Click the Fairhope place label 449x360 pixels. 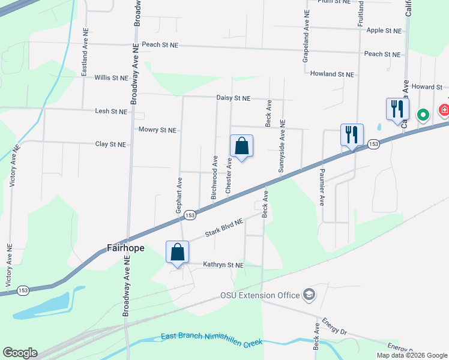pyautogui.click(x=127, y=247)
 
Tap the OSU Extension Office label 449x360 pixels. pyautogui.click(x=260, y=295)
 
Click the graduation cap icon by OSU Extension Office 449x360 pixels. pyautogui.click(x=309, y=294)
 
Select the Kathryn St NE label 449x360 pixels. pyautogui.click(x=223, y=265)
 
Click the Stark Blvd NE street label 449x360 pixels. pyautogui.click(x=224, y=229)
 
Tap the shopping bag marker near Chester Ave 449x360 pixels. pyautogui.click(x=241, y=146)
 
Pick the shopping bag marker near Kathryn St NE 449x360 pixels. pyautogui.click(x=178, y=252)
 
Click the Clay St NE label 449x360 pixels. pyautogui.click(x=110, y=145)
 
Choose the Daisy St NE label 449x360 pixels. pyautogui.click(x=234, y=98)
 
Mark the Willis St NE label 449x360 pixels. pyautogui.click(x=111, y=78)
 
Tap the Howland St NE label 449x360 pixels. pyautogui.click(x=332, y=74)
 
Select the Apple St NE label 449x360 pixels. pyautogui.click(x=383, y=30)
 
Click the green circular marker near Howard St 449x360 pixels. pyautogui.click(x=423, y=114)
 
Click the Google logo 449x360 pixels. pyautogui.click(x=20, y=353)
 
